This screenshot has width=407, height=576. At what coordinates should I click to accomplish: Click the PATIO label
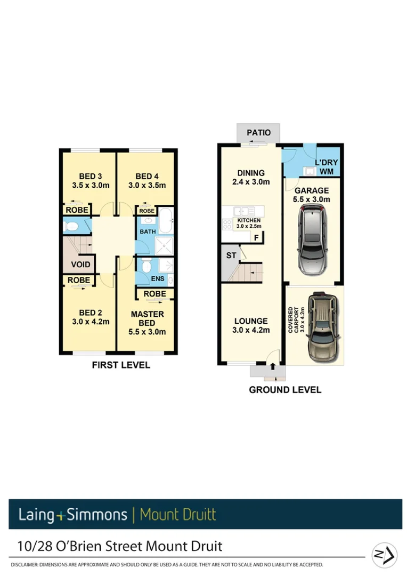point(259,133)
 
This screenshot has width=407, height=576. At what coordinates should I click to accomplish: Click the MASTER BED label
point(147,318)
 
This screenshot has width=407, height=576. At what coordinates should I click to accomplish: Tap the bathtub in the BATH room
point(165,221)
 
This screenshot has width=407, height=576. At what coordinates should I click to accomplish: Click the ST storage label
point(231,255)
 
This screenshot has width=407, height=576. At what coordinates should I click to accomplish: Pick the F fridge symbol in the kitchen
point(256,238)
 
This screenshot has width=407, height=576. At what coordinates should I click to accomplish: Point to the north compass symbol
point(385,553)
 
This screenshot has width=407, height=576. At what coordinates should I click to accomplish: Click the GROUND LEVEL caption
point(285,390)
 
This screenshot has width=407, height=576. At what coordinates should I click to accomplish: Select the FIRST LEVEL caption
point(121,365)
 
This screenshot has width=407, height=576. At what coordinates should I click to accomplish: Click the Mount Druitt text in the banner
point(178,515)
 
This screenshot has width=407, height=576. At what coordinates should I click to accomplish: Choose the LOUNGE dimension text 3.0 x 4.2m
point(251,330)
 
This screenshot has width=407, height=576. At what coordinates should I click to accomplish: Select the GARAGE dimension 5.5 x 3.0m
point(312,199)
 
